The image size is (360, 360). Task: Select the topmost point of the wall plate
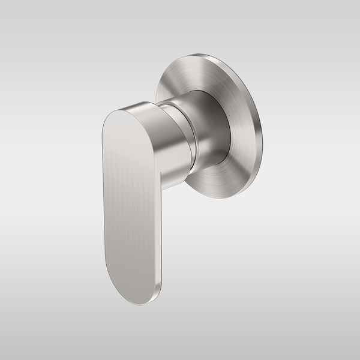tap(204, 55)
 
